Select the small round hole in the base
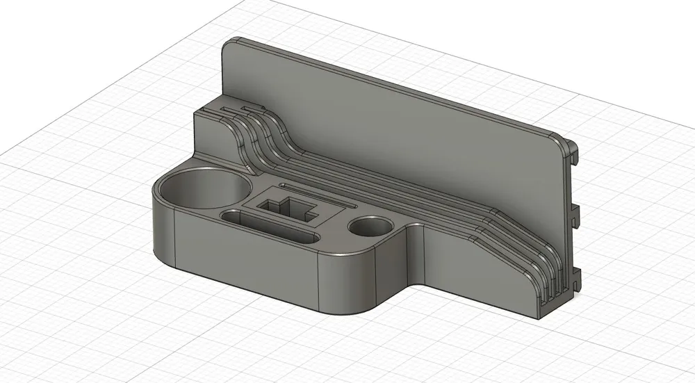click(x=371, y=227)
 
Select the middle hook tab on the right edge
click(x=576, y=212)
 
